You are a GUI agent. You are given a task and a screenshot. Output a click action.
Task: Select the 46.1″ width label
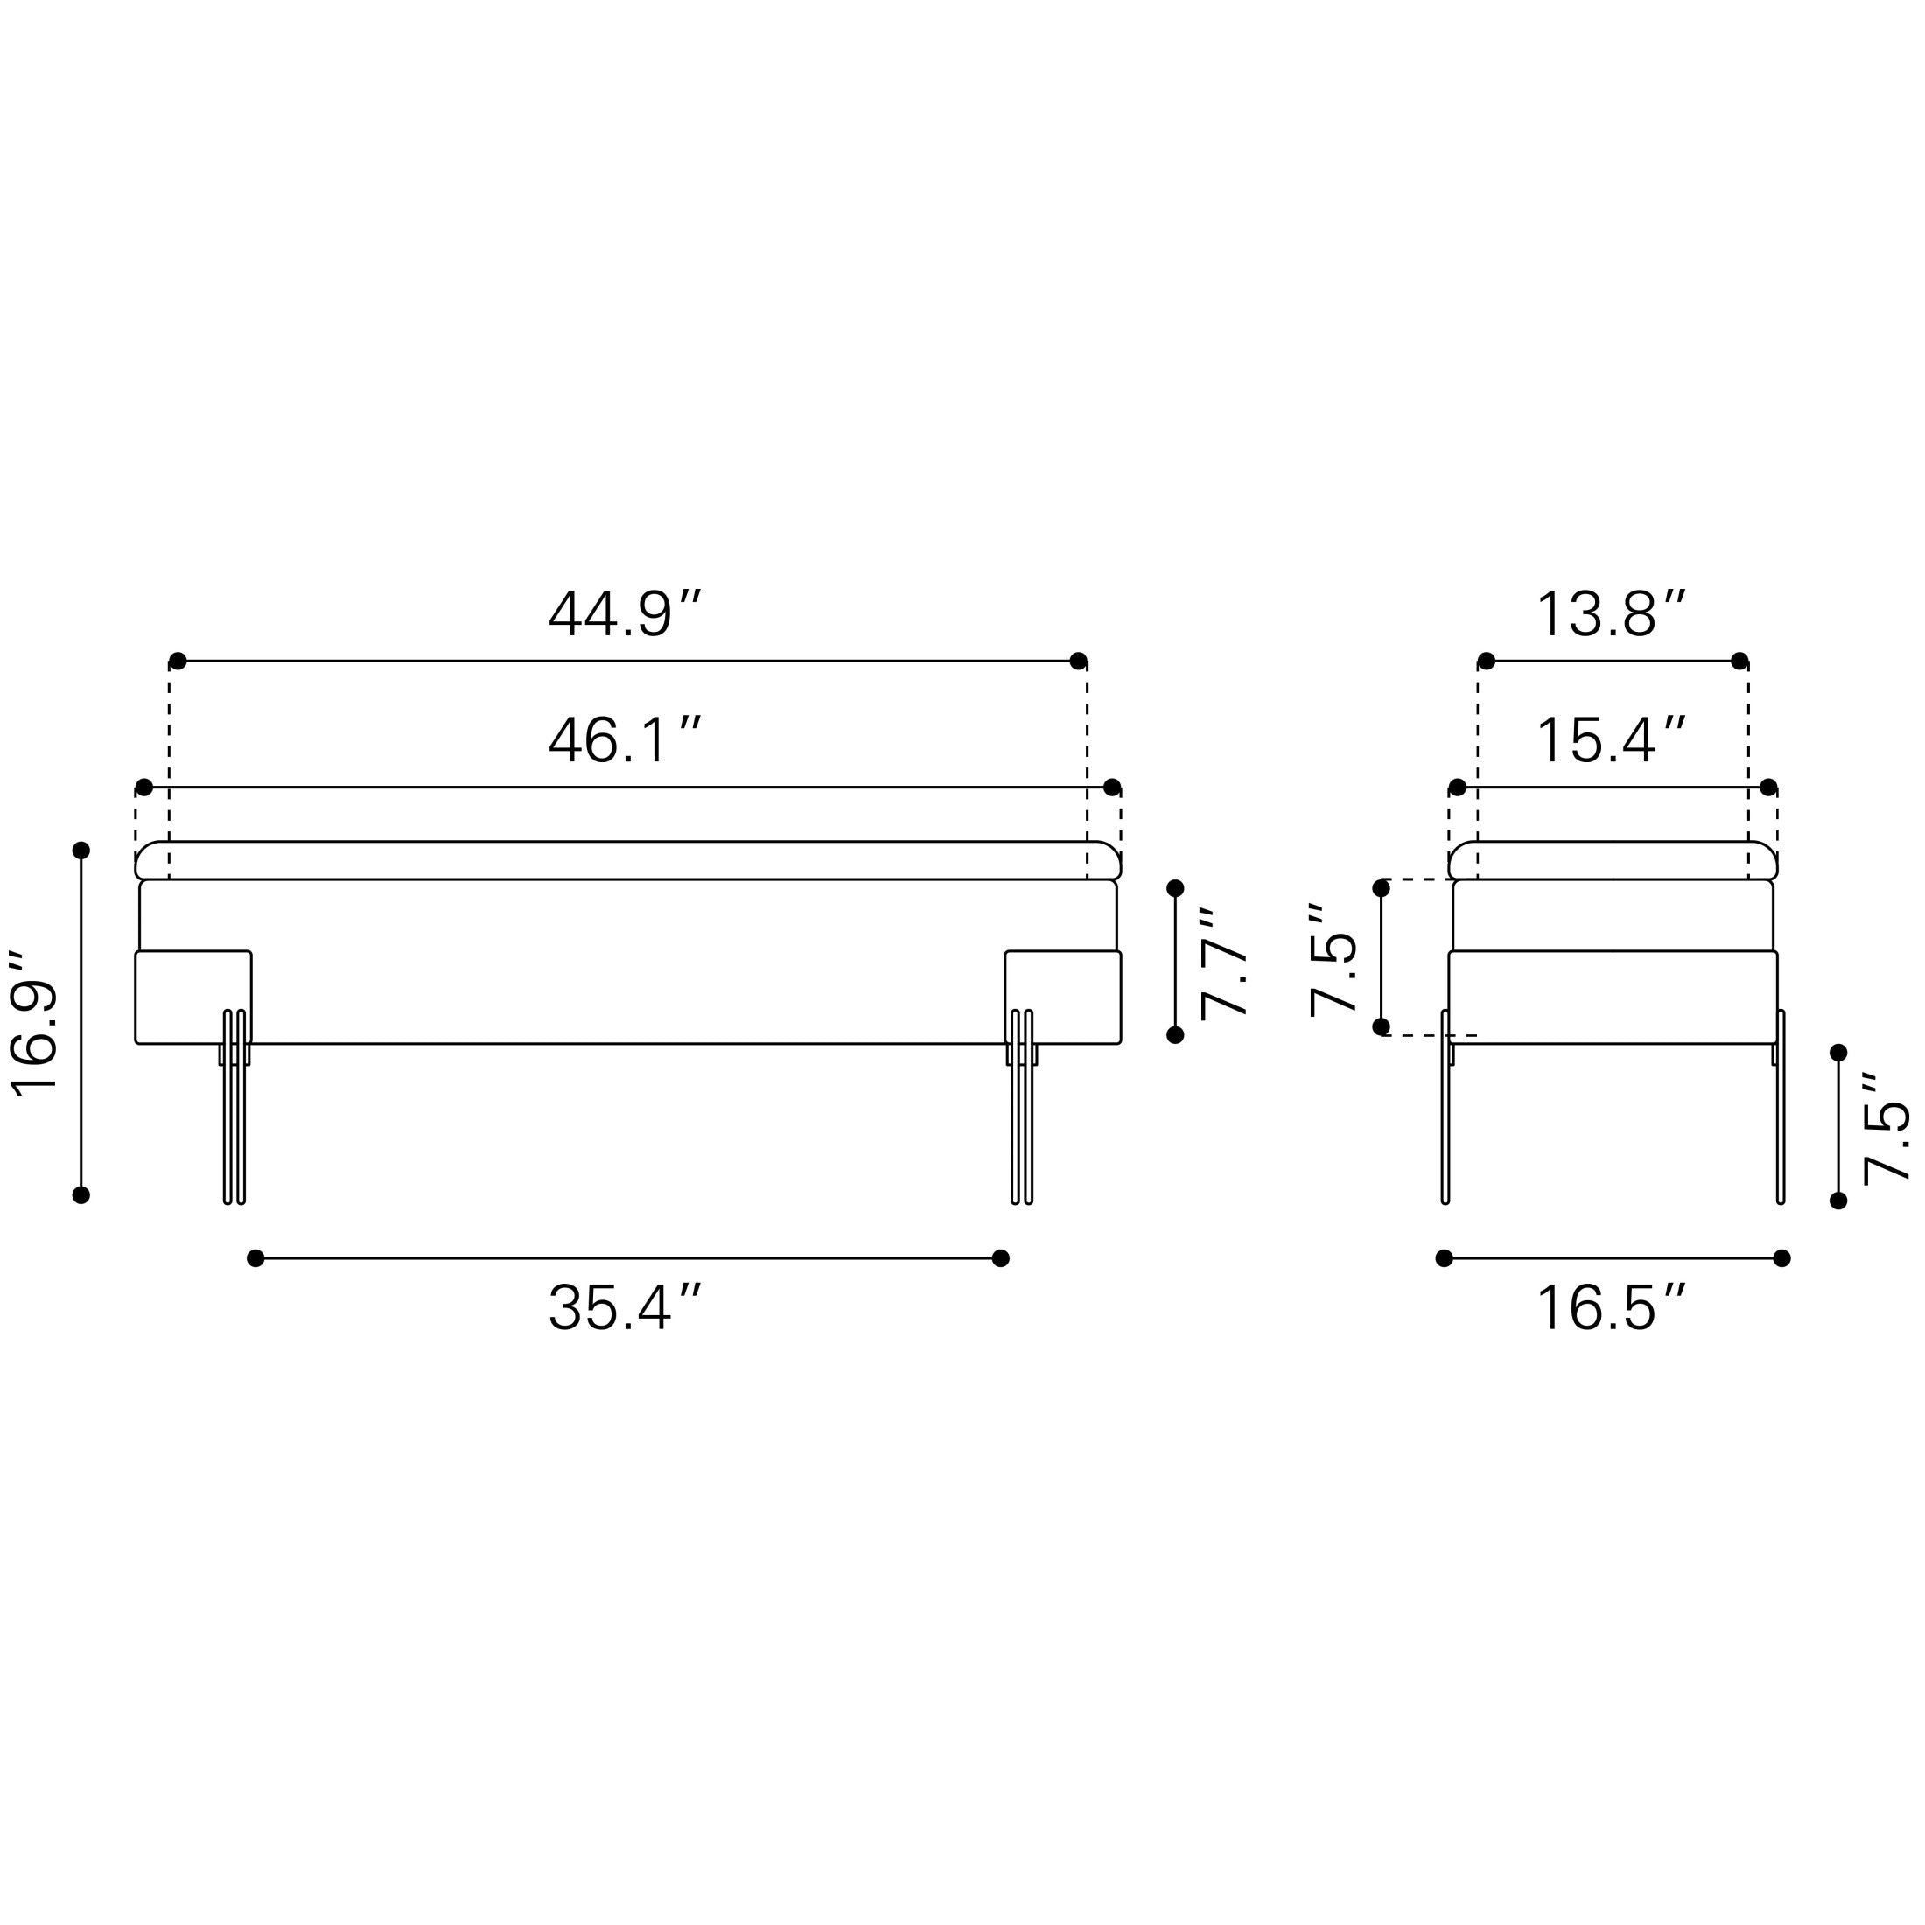(x=625, y=741)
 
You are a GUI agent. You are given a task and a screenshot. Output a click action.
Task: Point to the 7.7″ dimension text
(x=1222, y=963)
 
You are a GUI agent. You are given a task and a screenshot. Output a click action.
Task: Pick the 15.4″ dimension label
(x=1611, y=741)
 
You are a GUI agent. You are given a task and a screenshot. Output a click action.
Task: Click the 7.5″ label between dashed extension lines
(x=1332, y=958)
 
